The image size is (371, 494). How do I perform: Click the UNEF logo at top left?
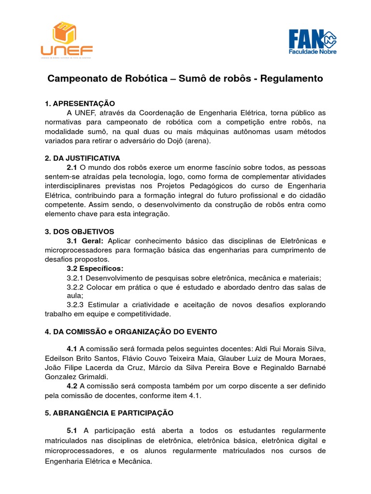click(x=67, y=40)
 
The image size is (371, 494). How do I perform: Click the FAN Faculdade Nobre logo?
click(x=313, y=41)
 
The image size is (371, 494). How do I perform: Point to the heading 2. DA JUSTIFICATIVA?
click(x=82, y=158)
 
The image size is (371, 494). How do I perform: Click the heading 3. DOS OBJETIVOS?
click(x=79, y=231)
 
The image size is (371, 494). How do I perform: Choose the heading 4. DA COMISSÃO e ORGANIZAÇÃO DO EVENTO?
click(x=131, y=331)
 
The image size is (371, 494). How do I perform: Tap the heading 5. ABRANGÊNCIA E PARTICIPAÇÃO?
click(x=109, y=413)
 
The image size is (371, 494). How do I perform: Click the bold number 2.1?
click(x=72, y=167)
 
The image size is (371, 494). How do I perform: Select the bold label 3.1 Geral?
click(x=85, y=241)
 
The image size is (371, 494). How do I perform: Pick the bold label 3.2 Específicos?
click(x=95, y=268)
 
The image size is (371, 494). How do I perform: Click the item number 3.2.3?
click(x=75, y=305)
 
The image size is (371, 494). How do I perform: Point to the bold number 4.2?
click(x=72, y=386)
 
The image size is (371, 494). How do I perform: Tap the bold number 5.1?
click(x=72, y=430)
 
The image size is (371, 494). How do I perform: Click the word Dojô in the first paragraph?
click(x=162, y=141)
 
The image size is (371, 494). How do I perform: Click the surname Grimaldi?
click(x=92, y=376)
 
